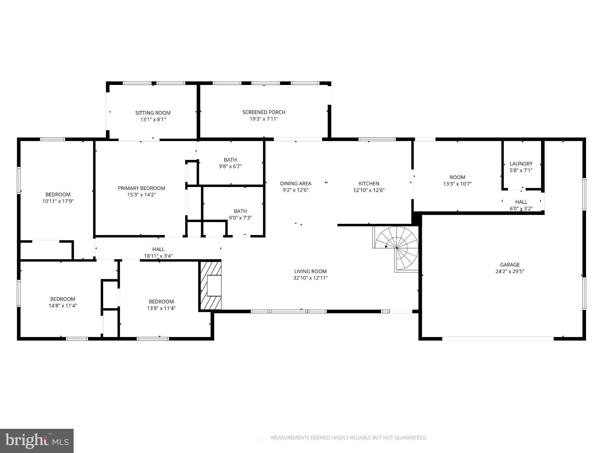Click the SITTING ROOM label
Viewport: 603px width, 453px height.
pos(153,113)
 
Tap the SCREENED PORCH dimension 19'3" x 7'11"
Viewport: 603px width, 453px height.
pos(264,119)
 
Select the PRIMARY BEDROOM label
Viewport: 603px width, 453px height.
pos(141,188)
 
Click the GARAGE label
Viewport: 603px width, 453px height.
pos(510,265)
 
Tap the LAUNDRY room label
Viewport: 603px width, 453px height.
pos(521,164)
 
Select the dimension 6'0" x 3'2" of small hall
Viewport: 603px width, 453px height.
pos(521,209)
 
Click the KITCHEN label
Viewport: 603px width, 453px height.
pos(369,183)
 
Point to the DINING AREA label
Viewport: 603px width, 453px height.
pos(295,183)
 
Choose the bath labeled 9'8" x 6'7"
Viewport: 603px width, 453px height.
pos(230,163)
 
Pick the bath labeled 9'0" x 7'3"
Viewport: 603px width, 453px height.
pos(240,214)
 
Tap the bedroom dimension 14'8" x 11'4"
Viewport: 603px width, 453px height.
pos(63,306)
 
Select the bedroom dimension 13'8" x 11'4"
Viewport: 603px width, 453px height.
pos(161,308)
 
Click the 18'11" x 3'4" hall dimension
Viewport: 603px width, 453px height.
pos(158,256)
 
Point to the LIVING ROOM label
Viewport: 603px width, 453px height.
pos(310,271)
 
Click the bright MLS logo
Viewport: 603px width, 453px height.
pos(37,441)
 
